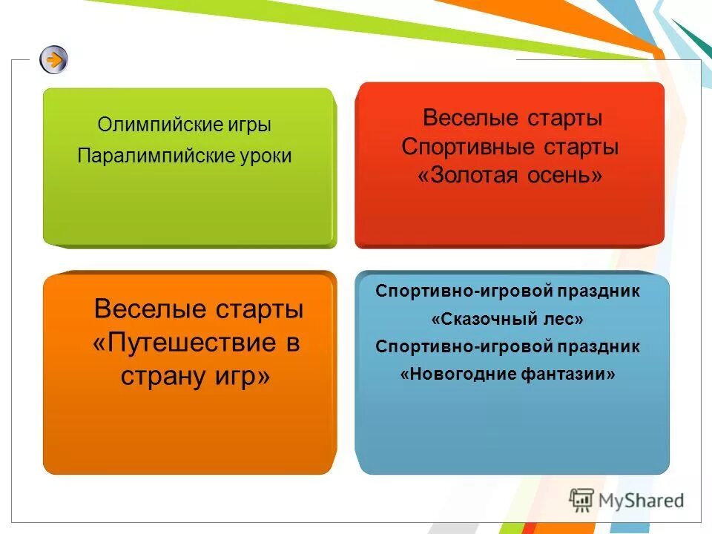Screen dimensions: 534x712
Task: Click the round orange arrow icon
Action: pos(53,59)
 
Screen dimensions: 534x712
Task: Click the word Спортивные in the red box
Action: pos(458,147)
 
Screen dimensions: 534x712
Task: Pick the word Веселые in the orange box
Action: pos(147,309)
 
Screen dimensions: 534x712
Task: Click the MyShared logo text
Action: pos(642,500)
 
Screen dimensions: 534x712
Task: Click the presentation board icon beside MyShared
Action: pos(582,501)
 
